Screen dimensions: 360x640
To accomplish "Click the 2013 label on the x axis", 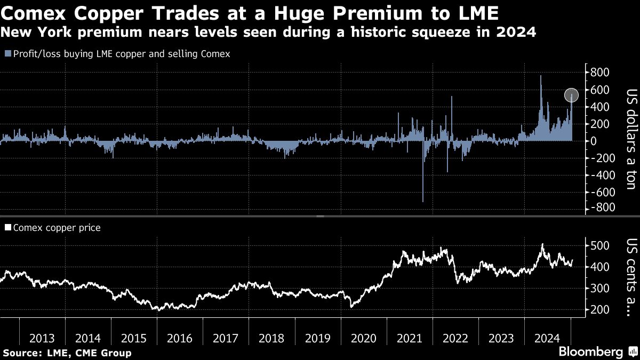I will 42,338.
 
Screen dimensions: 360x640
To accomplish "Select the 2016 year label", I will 180,338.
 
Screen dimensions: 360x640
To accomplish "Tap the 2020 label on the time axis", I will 364,338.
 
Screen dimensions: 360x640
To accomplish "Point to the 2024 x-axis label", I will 547,338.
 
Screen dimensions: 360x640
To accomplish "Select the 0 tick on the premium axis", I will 593,141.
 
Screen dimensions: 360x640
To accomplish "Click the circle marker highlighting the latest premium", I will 571,95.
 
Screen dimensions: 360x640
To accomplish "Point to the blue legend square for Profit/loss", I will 6,54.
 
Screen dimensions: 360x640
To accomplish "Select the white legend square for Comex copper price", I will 7,228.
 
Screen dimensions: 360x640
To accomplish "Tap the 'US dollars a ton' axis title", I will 631,139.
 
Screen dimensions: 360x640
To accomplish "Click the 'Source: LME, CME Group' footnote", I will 67,353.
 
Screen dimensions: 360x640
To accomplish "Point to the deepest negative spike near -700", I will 423,200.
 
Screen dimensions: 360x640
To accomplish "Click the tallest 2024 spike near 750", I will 541,77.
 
